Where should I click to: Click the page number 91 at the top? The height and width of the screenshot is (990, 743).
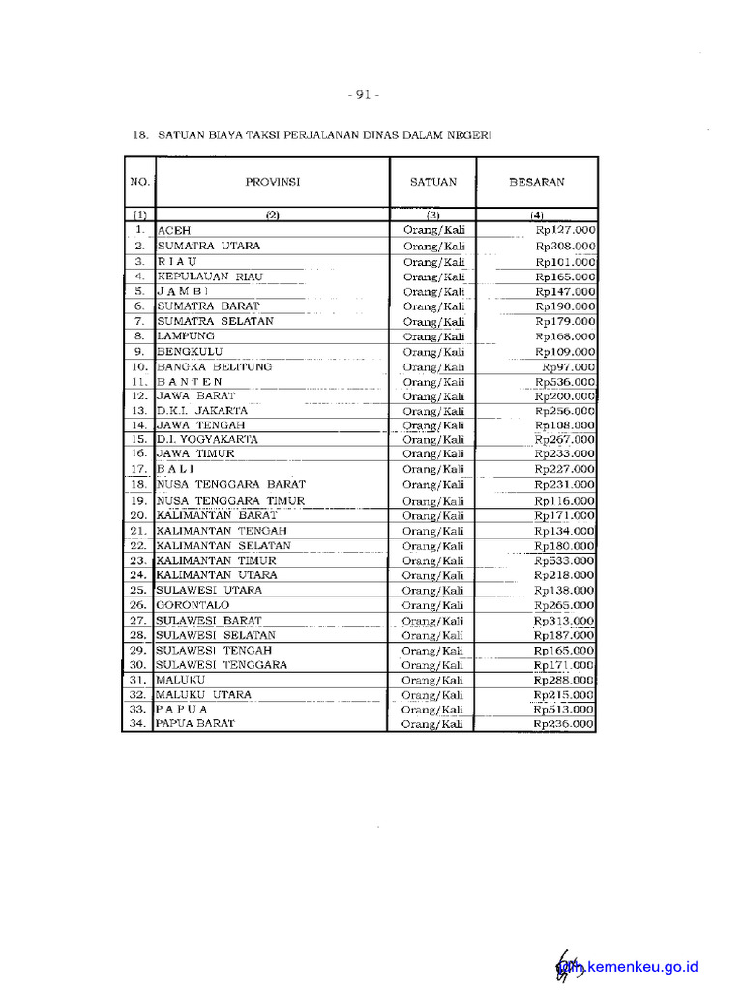point(364,94)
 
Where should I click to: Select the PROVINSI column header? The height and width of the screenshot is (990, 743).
point(272,181)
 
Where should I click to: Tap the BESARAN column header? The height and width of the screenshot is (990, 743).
point(537,181)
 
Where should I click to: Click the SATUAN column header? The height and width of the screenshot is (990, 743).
point(432,181)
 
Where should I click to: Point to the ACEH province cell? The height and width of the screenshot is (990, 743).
point(174,230)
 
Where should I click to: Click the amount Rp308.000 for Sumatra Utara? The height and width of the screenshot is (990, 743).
point(566,246)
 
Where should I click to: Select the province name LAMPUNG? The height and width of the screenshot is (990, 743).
point(186,335)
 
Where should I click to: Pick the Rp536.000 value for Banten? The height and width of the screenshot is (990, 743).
point(566,381)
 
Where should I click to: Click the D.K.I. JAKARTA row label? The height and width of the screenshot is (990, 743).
point(202,410)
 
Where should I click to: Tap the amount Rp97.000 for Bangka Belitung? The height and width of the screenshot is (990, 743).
point(569,366)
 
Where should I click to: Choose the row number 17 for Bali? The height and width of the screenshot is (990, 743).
point(137,469)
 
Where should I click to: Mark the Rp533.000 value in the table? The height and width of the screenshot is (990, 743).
point(566,560)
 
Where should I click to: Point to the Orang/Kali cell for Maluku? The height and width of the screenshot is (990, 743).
point(433,681)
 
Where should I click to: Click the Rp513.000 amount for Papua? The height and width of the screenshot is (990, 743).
point(566,709)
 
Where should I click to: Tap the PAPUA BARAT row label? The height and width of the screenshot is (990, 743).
point(195,723)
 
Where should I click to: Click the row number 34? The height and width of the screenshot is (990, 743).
point(137,723)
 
